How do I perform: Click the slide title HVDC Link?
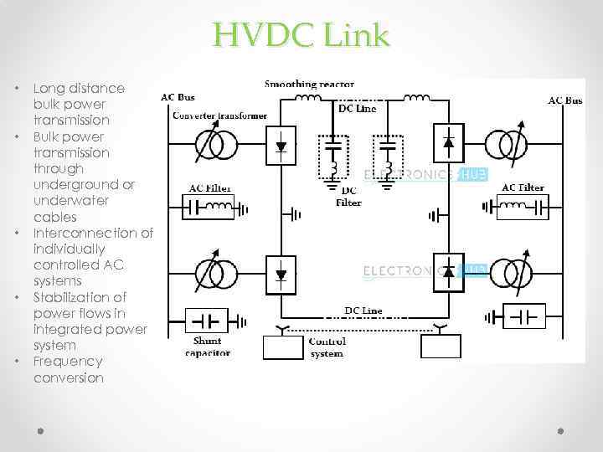coord(301,36)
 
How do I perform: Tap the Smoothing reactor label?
coord(309,85)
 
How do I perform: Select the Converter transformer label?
coord(219,116)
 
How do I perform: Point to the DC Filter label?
coord(348,197)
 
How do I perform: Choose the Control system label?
coord(326,347)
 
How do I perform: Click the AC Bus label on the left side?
coord(178,98)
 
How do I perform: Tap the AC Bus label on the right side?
coord(565,100)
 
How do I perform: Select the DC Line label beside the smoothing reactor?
coord(357,109)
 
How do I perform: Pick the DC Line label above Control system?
coord(363,311)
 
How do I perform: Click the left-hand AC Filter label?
coord(210,188)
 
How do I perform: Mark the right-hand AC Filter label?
coord(522,187)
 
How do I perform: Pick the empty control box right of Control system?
coord(441,346)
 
